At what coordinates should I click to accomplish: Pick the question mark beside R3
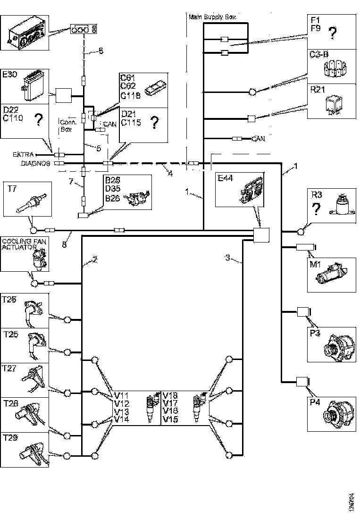coord(317,210)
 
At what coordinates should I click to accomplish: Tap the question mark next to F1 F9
coord(333,33)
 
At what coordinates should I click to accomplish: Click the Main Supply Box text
coord(212,17)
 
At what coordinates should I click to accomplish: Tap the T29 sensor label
coord(10,437)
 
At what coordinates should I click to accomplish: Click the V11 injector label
coord(122,395)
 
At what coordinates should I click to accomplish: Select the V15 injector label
coord(170,419)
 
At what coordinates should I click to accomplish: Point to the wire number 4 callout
coord(170,173)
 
